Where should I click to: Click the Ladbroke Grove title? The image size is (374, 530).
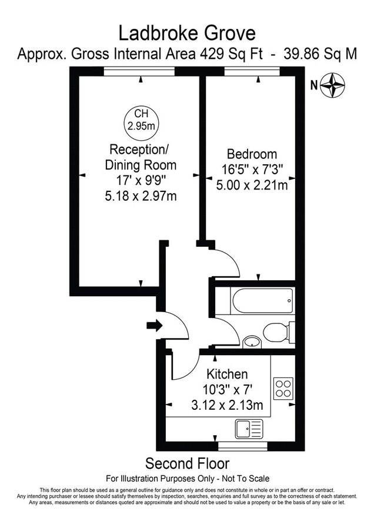[x=187, y=32]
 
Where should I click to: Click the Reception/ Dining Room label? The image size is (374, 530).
[x=139, y=157]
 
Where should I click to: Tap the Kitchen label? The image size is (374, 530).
[x=226, y=374]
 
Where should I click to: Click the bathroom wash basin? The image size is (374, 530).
[x=252, y=341]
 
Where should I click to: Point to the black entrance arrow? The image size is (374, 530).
[x=153, y=325]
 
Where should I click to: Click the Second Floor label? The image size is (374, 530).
[x=187, y=463]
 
